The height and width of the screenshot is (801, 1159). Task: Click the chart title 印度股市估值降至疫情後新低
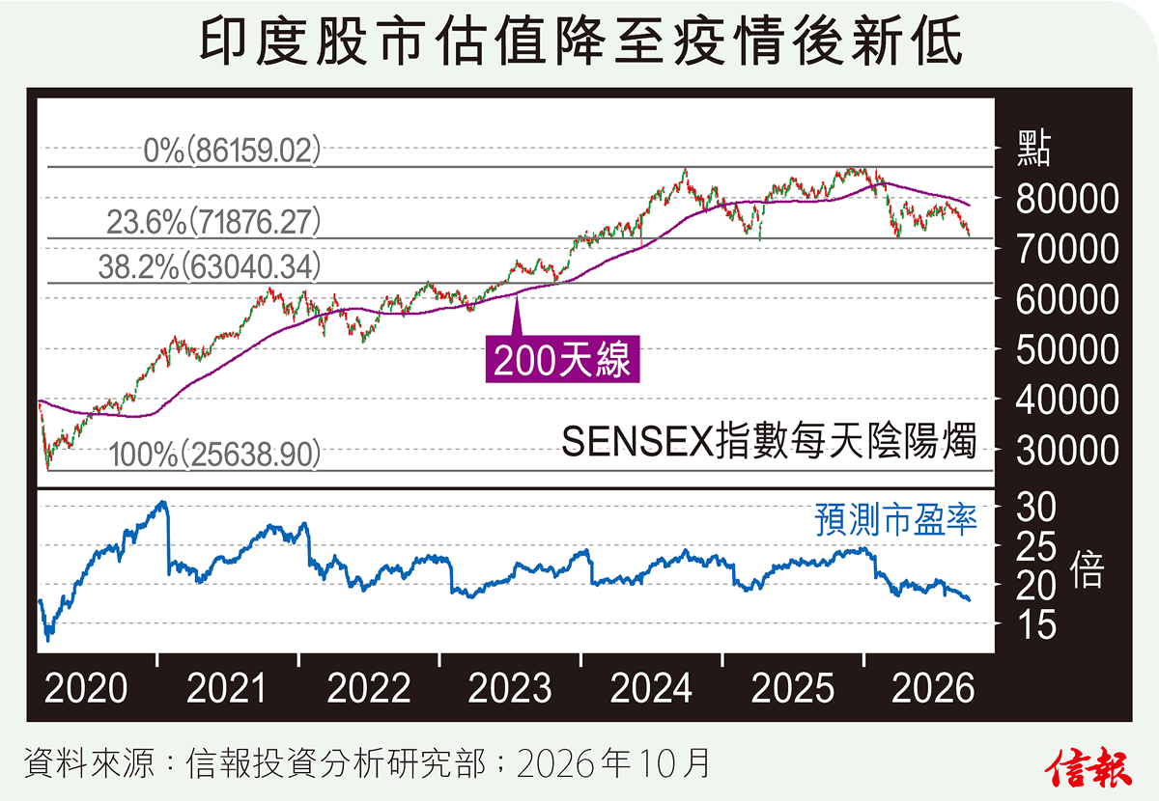coord(580,41)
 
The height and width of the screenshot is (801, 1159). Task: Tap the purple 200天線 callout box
coord(562,359)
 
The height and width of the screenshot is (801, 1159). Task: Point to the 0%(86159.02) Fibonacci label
coord(233,151)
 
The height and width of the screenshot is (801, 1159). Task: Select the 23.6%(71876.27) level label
coord(213,222)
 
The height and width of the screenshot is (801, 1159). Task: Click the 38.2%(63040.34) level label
coord(210,266)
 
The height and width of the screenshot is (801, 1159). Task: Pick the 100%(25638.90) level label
coord(214,455)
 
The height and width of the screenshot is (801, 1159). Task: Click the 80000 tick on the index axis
coord(1067,199)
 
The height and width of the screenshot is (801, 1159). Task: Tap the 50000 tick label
coord(1067,350)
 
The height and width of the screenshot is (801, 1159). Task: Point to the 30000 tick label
coord(1067,451)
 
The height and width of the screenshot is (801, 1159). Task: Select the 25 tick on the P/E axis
coord(1035,547)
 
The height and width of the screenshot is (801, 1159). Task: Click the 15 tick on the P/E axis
coord(1035,624)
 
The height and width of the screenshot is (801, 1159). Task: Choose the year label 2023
coord(510,688)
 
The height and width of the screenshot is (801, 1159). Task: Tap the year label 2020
coord(86,688)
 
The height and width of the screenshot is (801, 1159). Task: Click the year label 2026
coord(933,688)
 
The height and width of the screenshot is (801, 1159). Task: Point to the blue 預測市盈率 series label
coord(895,519)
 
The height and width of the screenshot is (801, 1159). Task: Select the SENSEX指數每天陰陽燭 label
coord(769,441)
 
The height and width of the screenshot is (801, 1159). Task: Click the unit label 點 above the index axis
coord(1033,149)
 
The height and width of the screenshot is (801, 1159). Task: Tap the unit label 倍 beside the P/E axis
coord(1087,569)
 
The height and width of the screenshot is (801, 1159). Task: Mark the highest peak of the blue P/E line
coord(163,502)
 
